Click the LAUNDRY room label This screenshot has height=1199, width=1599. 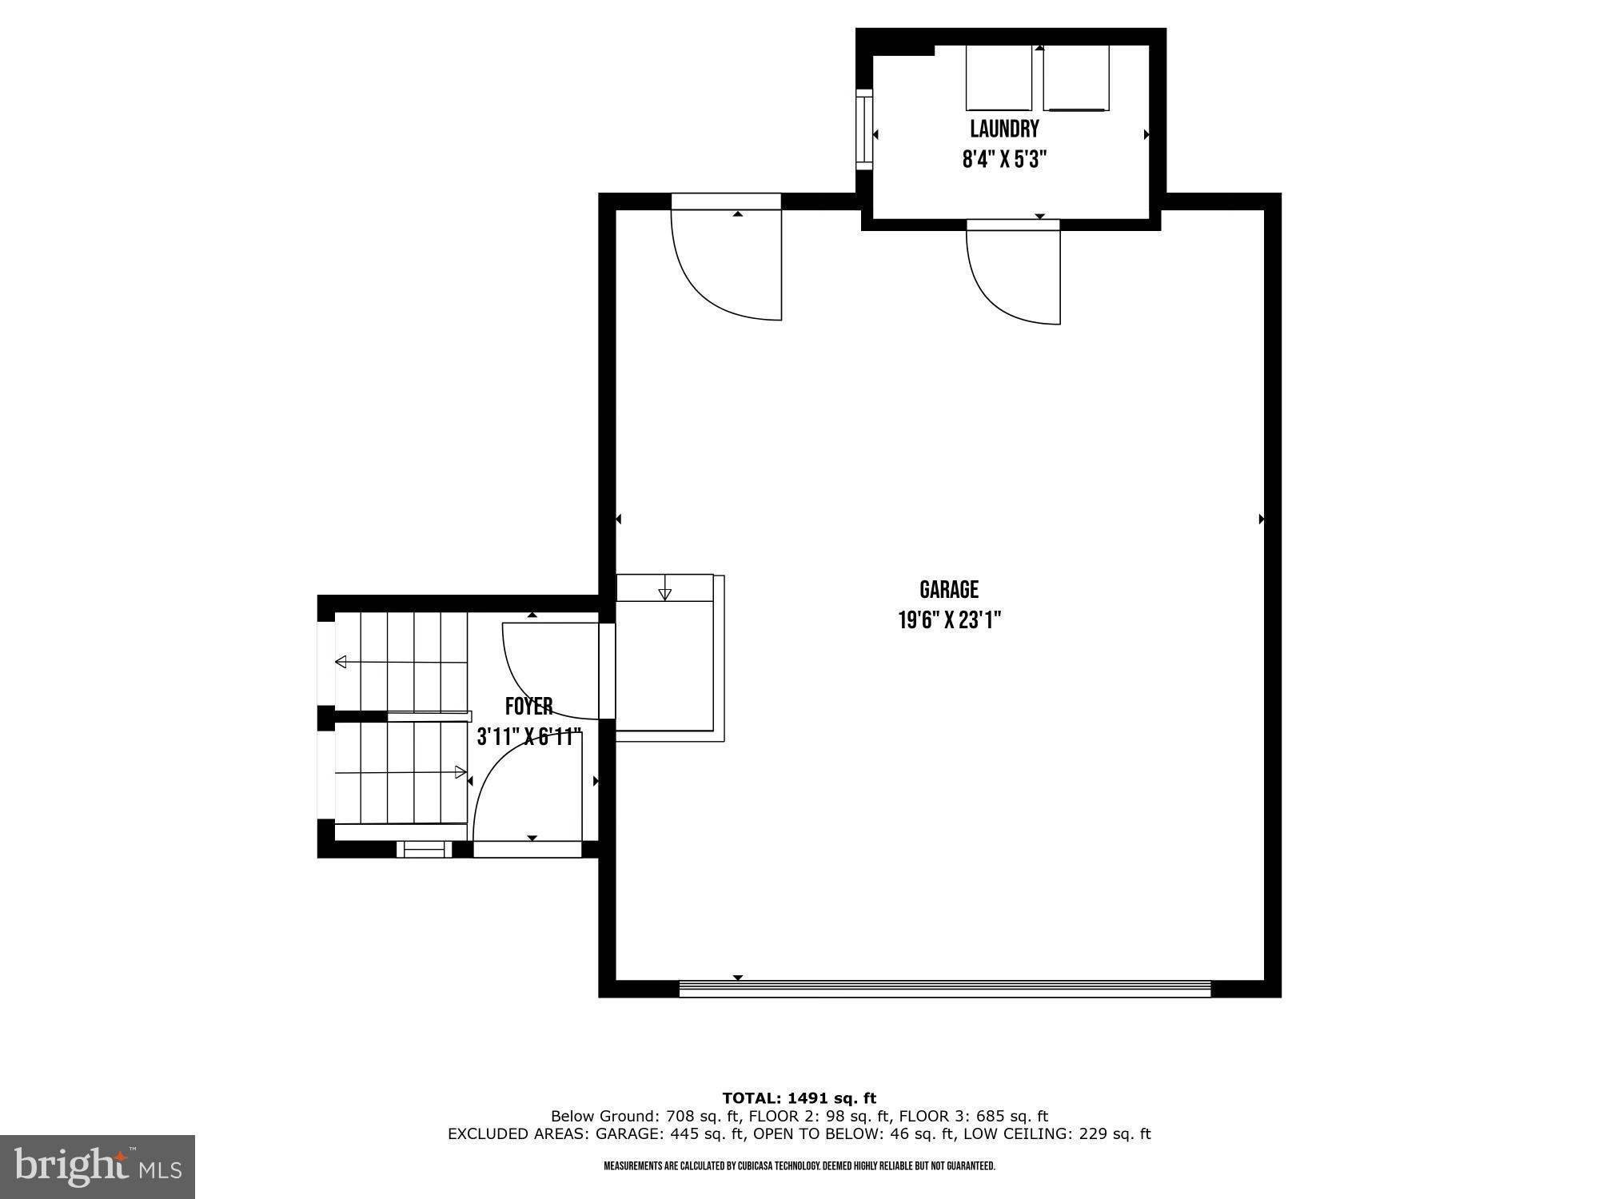point(1004,129)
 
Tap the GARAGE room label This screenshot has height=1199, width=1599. point(949,590)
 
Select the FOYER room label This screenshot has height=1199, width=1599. point(528,707)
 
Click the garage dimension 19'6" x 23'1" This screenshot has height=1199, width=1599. point(949,620)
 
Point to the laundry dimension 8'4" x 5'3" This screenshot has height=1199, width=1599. point(1004,159)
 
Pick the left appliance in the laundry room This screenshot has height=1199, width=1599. point(999,78)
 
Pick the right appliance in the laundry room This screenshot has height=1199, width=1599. point(1076,78)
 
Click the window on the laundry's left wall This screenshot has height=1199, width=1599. point(863,129)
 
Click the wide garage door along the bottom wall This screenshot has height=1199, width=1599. point(945,990)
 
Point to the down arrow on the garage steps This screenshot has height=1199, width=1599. point(664,593)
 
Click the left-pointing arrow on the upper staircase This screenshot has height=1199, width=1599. point(341,662)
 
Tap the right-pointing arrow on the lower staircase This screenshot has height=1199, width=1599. point(461,772)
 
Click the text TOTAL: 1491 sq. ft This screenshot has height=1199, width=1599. point(799,1098)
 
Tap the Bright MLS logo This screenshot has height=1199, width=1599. point(98,1166)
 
